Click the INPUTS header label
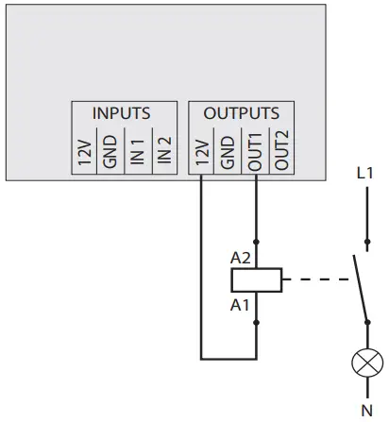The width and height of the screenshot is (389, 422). click(x=121, y=112)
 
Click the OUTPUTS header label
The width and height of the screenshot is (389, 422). click(x=242, y=112)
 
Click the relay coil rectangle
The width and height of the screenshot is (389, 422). click(x=256, y=279)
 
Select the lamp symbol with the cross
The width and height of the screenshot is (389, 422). click(x=364, y=362)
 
